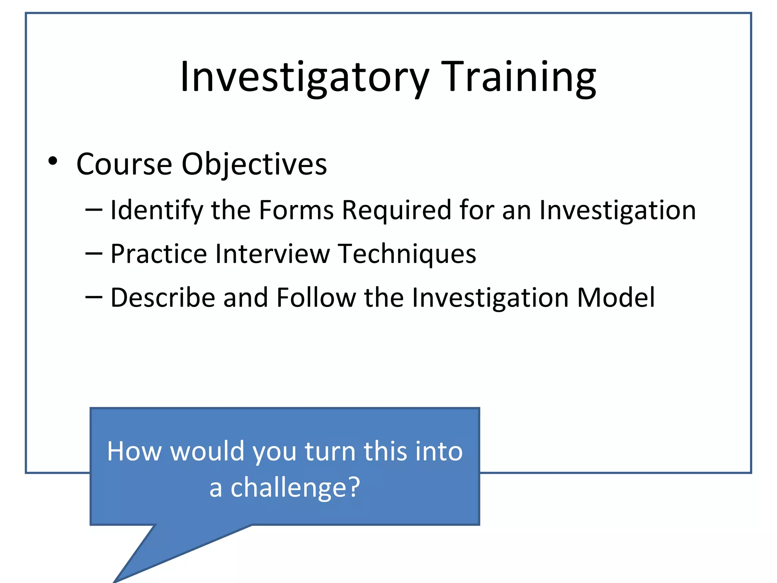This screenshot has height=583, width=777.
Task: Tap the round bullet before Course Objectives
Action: tap(53, 161)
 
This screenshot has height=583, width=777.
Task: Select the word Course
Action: tap(124, 164)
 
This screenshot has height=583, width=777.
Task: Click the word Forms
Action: tap(296, 210)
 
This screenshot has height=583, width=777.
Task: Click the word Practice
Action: tap(159, 254)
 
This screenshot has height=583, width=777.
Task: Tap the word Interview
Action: tap(272, 254)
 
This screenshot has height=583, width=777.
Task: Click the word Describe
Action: tap(163, 298)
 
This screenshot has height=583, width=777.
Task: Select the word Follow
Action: tap(316, 298)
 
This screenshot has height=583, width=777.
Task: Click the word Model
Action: tap(615, 298)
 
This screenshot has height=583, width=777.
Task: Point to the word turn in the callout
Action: tap(330, 451)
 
